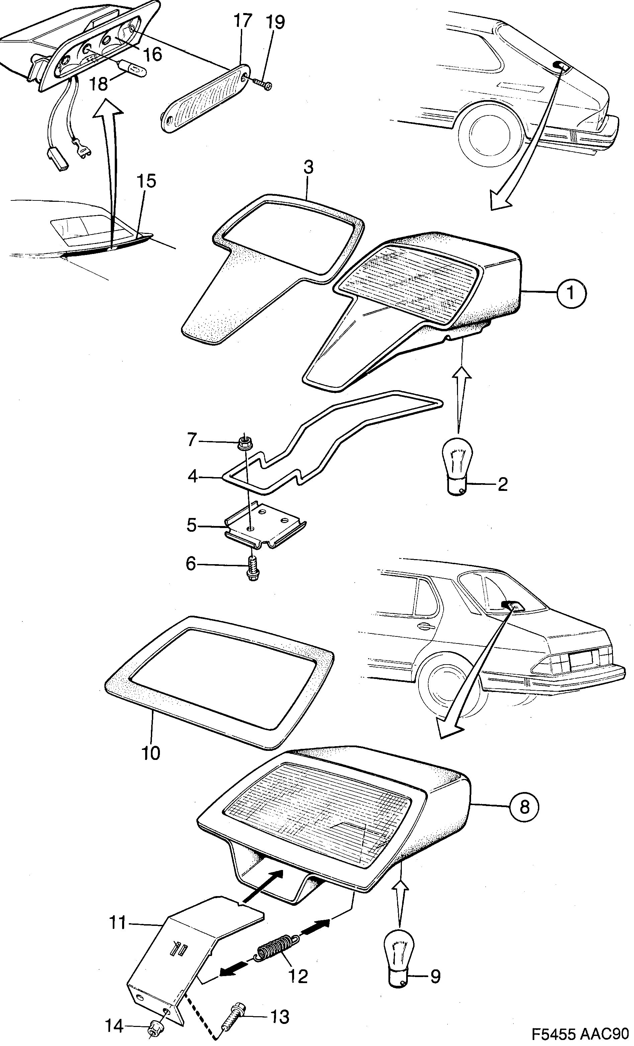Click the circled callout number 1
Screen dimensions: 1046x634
coord(571,292)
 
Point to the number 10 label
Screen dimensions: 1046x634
coord(150,753)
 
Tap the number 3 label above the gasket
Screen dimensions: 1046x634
coord(308,167)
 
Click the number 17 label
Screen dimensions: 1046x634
coord(243,21)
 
